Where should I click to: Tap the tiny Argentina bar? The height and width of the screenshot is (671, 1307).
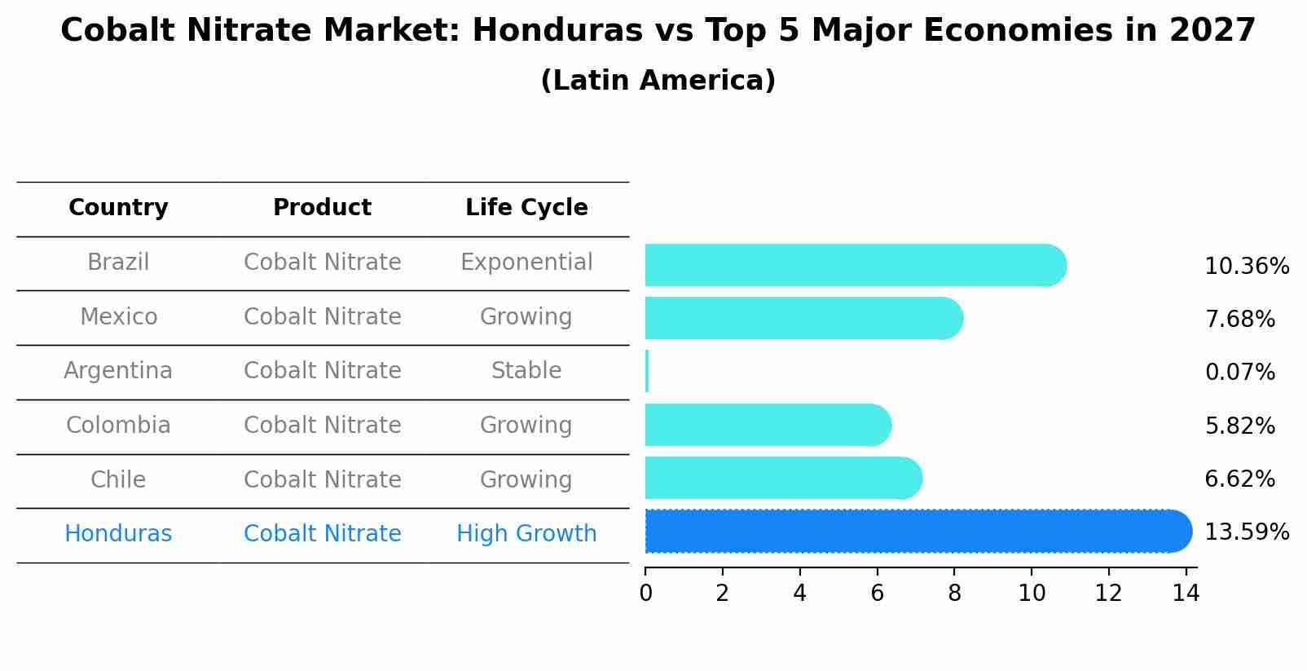pyautogui.click(x=647, y=372)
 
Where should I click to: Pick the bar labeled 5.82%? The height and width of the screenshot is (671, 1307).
pyautogui.click(x=767, y=425)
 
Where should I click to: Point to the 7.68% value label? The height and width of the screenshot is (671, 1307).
pyautogui.click(x=1239, y=320)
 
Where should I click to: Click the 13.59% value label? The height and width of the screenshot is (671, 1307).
pyautogui.click(x=1246, y=532)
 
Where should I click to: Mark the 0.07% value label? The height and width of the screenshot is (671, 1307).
pyautogui.click(x=1239, y=373)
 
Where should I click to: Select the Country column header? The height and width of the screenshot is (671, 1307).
pyautogui.click(x=118, y=208)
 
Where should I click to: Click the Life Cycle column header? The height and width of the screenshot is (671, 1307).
pyautogui.click(x=526, y=208)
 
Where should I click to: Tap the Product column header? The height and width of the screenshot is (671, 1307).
pyautogui.click(x=322, y=208)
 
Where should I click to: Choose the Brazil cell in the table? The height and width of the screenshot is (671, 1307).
pyautogui.click(x=118, y=263)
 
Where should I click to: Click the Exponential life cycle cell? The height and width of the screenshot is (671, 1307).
pyautogui.click(x=526, y=263)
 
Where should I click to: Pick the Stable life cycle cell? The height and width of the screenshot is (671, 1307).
pyautogui.click(x=526, y=371)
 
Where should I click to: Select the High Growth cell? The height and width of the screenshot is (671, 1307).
pyautogui.click(x=526, y=534)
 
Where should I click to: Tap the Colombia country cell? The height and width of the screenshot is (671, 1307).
pyautogui.click(x=118, y=426)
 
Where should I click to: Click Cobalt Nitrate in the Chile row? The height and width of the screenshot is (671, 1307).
pyautogui.click(x=322, y=479)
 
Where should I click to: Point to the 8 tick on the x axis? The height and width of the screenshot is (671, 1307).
pyautogui.click(x=954, y=594)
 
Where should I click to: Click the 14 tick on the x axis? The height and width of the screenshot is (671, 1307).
pyautogui.click(x=1186, y=594)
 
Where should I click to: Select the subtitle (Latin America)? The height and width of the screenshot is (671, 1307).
pyautogui.click(x=658, y=81)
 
